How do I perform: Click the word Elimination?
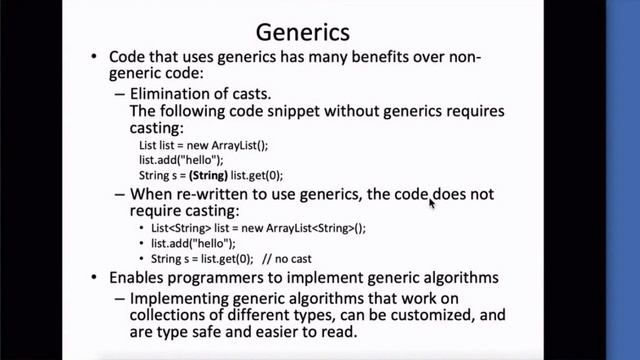172,93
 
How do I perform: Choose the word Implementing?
187,296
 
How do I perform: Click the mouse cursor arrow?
432,203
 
